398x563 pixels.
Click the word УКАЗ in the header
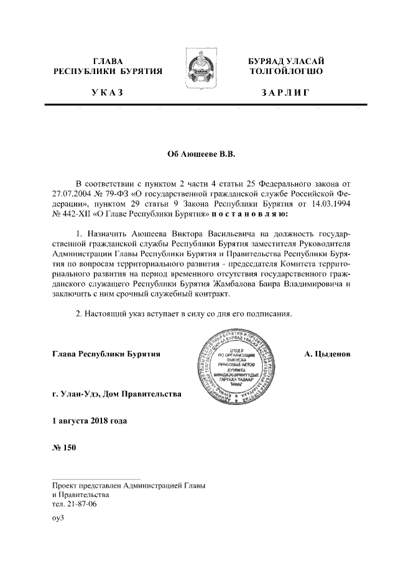click(108, 93)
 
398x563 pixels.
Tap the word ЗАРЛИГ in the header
click(285, 93)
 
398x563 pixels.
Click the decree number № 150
click(63, 450)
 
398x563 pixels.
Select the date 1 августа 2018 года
click(90, 421)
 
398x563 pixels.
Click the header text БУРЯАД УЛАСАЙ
click(285, 61)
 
